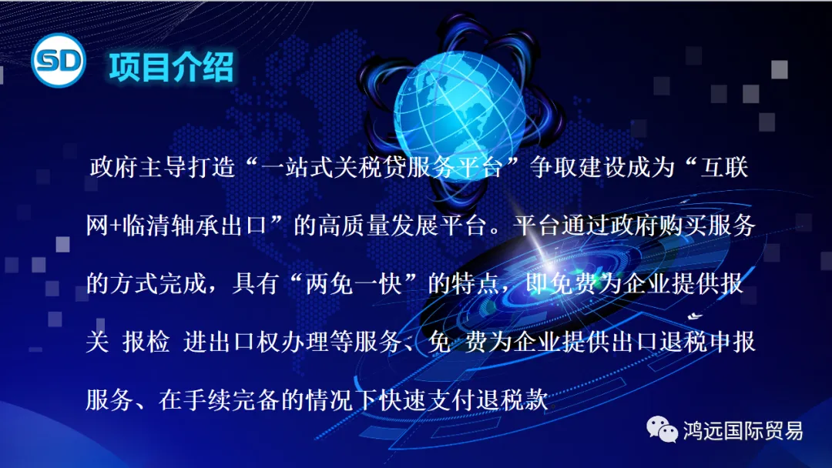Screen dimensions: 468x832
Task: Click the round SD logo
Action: point(58,63)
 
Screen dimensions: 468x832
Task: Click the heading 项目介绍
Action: point(170,67)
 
